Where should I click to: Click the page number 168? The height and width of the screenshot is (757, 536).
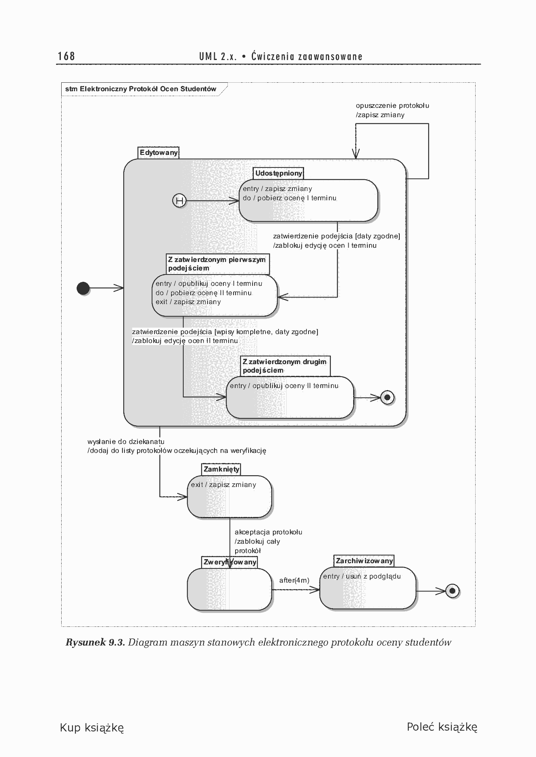[x=66, y=56]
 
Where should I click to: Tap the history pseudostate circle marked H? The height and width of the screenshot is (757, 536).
[x=179, y=200]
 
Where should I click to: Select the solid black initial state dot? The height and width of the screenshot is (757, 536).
[x=83, y=288]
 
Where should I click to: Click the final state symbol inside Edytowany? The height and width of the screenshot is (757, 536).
[x=387, y=397]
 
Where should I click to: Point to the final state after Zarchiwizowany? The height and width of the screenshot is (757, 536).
[x=452, y=591]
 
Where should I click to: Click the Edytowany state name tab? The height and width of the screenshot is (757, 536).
[x=159, y=153]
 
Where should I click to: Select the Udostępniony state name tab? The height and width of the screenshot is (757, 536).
[x=279, y=174]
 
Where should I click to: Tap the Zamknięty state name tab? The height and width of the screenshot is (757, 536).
[x=221, y=470]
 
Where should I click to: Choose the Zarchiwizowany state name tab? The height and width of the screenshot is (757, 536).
[x=364, y=561]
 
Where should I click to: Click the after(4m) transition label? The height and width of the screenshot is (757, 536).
[x=294, y=580]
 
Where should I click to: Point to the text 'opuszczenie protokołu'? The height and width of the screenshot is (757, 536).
[x=392, y=106]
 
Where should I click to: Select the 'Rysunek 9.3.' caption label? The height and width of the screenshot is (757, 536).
[x=95, y=642]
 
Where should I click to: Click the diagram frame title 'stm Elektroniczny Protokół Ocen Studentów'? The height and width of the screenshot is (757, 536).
[x=141, y=89]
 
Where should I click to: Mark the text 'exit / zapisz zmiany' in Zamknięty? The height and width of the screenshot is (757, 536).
[x=223, y=485]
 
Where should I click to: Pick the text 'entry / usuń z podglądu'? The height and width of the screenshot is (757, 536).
[x=362, y=576]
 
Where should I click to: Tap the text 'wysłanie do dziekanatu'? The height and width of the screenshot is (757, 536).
[x=126, y=442]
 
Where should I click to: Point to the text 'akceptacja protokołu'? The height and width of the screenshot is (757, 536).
[x=268, y=532]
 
